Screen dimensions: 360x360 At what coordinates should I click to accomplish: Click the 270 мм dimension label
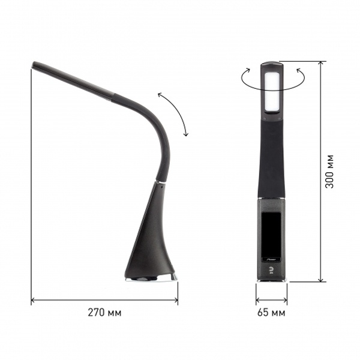click(x=104, y=313)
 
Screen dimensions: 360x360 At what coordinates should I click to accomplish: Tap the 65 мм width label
click(x=271, y=313)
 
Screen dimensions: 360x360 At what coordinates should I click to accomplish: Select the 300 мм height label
click(x=329, y=172)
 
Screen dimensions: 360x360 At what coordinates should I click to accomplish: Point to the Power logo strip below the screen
click(x=271, y=259)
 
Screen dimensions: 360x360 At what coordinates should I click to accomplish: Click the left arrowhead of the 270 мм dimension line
click(x=33, y=300)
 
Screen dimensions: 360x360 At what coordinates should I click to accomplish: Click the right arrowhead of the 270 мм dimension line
click(x=176, y=300)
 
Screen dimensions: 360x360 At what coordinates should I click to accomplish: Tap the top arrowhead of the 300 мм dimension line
click(x=321, y=64)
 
